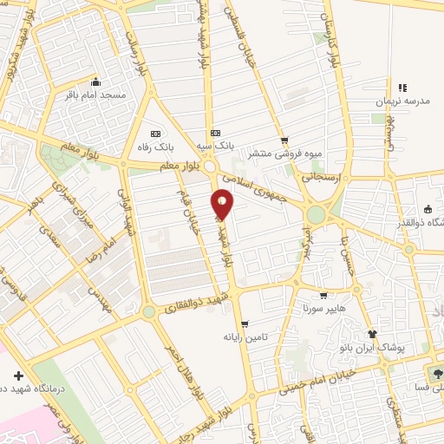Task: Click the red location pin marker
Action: (x=223, y=203)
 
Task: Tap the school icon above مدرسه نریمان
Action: (x=402, y=88)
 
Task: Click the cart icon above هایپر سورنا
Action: (x=323, y=295)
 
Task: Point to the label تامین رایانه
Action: (x=242, y=336)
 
